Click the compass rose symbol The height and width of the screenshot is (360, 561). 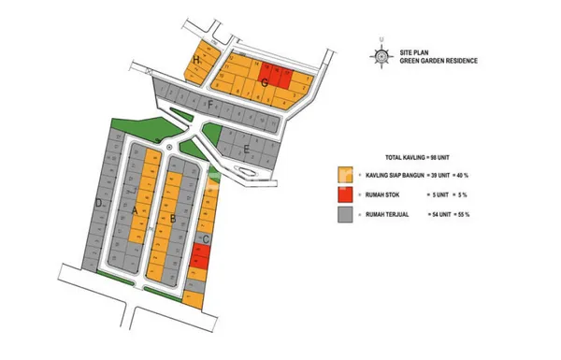pos(381,53)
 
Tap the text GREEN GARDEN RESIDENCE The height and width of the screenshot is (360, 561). pos(439,61)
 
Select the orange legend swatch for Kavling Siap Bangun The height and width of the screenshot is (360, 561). pos(345,174)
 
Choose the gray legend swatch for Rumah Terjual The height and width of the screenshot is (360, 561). pos(345,215)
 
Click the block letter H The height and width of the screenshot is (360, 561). pos(195,61)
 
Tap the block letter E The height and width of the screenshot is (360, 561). pos(245,150)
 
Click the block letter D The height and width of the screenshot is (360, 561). pos(97,203)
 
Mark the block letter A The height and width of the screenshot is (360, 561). pos(136,212)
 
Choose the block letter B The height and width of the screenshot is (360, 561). pos(174,220)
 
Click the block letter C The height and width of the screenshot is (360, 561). pos(206,240)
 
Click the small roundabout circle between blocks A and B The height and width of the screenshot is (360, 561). pos(169,147)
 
